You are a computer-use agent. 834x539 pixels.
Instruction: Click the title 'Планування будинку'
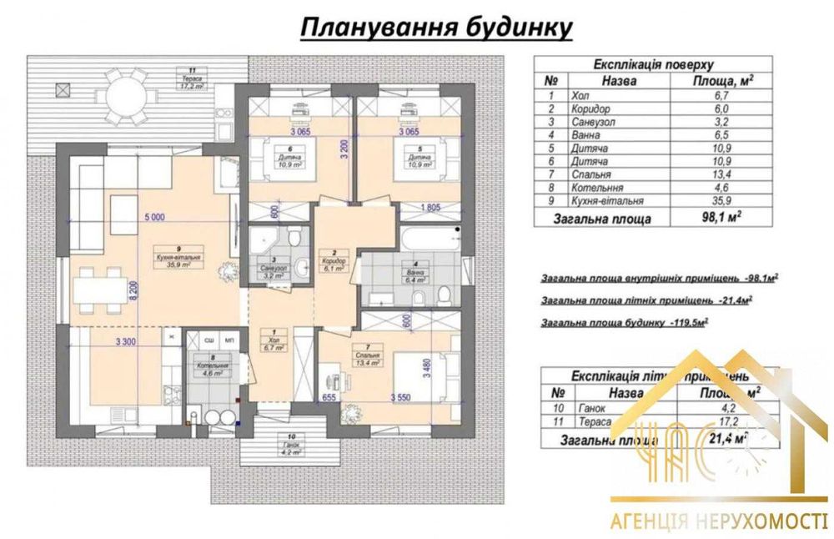point(436,27)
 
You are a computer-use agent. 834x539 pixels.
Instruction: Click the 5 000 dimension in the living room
point(154,217)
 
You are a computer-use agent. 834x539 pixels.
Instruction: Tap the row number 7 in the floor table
point(550,175)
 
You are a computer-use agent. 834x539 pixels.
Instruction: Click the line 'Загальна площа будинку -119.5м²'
point(625,320)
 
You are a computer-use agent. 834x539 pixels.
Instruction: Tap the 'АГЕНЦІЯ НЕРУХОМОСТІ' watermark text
point(717,521)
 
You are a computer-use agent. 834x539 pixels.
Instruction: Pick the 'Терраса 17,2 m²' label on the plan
point(193,83)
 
